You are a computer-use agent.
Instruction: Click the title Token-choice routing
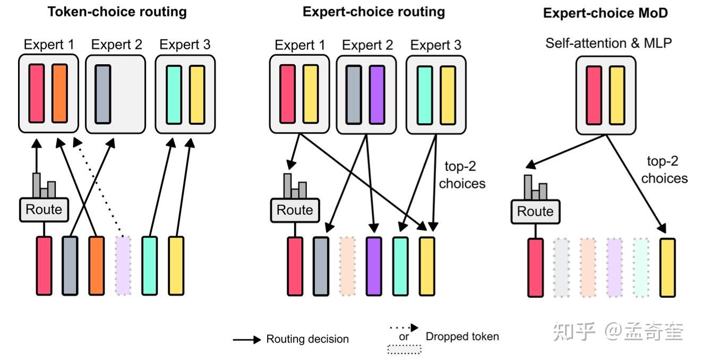117,12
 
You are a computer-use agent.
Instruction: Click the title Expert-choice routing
374,12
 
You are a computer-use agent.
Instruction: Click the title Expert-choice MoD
605,13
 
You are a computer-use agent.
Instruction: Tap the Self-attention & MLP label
609,42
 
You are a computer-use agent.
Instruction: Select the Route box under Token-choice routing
44,210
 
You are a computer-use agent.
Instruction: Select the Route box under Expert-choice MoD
535,211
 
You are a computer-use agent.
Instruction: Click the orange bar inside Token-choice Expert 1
59,93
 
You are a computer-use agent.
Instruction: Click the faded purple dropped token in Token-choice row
123,265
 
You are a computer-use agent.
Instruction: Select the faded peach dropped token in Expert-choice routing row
347,265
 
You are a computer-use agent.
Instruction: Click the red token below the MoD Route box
535,267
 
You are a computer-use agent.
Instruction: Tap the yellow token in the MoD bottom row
668,267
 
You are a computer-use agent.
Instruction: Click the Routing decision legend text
307,339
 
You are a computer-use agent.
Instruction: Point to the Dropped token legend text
462,336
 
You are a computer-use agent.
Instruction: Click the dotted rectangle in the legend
404,349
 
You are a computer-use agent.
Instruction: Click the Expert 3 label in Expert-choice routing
436,46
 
